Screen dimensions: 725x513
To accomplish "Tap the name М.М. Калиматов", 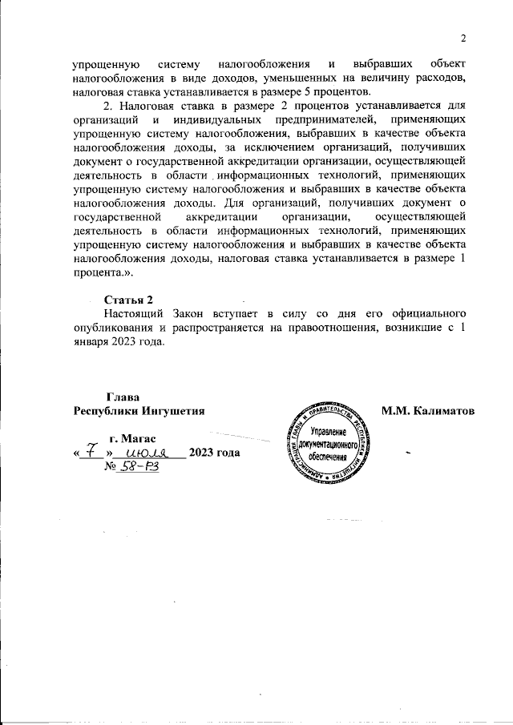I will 429,412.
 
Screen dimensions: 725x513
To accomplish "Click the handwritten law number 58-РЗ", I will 139,468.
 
